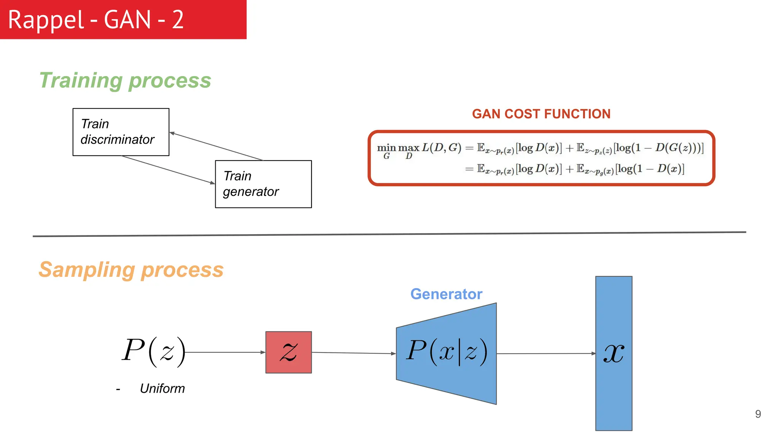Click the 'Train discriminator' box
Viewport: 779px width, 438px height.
[x=121, y=132]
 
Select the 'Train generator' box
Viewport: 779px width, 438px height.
[x=263, y=184]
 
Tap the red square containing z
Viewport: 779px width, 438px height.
[x=288, y=352]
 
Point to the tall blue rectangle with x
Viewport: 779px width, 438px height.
[x=614, y=353]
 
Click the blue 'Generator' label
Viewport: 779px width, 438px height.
[x=446, y=294]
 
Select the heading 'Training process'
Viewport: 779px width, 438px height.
[x=125, y=81]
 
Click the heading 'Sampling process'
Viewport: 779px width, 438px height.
[x=131, y=270]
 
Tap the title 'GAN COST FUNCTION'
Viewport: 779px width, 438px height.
[x=541, y=114]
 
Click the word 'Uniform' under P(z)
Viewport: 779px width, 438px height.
[x=162, y=389]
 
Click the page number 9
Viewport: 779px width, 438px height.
[x=758, y=414]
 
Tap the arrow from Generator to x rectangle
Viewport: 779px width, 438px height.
[x=546, y=354]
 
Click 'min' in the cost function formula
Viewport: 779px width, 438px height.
[x=386, y=148]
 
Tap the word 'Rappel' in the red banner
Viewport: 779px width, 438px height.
[x=46, y=20]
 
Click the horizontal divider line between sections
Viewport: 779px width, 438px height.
[x=389, y=234]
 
